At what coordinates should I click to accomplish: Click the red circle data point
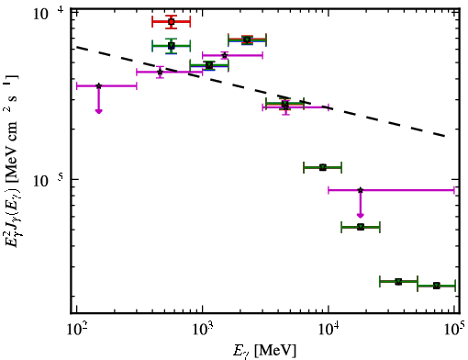(x=172, y=22)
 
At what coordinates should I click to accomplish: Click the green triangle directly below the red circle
(x=172, y=46)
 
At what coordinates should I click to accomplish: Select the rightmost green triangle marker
(x=437, y=286)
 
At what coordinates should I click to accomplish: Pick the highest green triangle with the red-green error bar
(x=247, y=39)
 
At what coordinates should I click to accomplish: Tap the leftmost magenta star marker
(x=98, y=86)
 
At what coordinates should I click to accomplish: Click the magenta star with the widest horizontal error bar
(x=361, y=190)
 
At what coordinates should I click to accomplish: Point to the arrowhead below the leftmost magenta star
(x=98, y=111)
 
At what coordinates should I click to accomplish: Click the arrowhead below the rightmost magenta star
(x=361, y=215)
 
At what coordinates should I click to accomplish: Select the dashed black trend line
(x=261, y=91)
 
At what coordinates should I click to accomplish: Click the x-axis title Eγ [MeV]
(x=264, y=351)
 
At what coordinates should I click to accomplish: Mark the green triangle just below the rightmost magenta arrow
(x=361, y=227)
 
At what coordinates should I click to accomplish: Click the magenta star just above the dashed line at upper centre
(x=225, y=55)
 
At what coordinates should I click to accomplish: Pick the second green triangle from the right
(x=398, y=282)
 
